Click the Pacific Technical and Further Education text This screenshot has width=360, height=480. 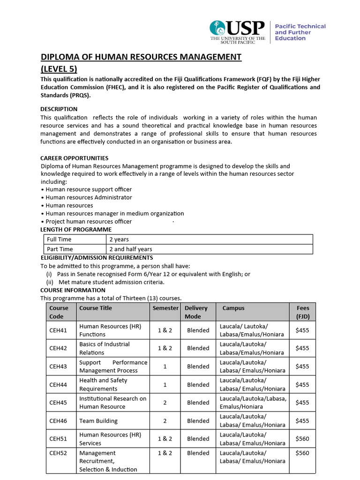tap(300, 32)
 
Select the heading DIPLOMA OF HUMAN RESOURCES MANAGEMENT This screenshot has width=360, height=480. tap(141, 57)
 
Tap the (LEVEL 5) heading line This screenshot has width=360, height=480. tap(59, 69)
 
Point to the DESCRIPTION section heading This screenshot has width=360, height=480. tap(58, 109)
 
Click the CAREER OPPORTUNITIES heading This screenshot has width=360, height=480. tap(74, 158)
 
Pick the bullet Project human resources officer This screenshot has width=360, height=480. tap(88, 221)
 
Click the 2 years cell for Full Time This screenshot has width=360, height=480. tap(119, 240)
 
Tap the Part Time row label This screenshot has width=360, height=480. tap(60, 249)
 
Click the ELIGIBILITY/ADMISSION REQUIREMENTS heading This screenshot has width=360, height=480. tap(97, 257)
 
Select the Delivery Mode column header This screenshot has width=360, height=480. tap(196, 312)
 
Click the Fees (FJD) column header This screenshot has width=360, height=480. tap(303, 312)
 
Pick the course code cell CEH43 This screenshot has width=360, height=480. tap(59, 366)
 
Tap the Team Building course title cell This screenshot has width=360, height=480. tap(98, 421)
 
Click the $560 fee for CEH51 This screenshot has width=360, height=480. tap(302, 439)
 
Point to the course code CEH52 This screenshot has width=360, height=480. tap(59, 453)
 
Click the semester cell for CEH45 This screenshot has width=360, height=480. tap(165, 403)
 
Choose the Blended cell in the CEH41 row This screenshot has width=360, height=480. tap(198, 330)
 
